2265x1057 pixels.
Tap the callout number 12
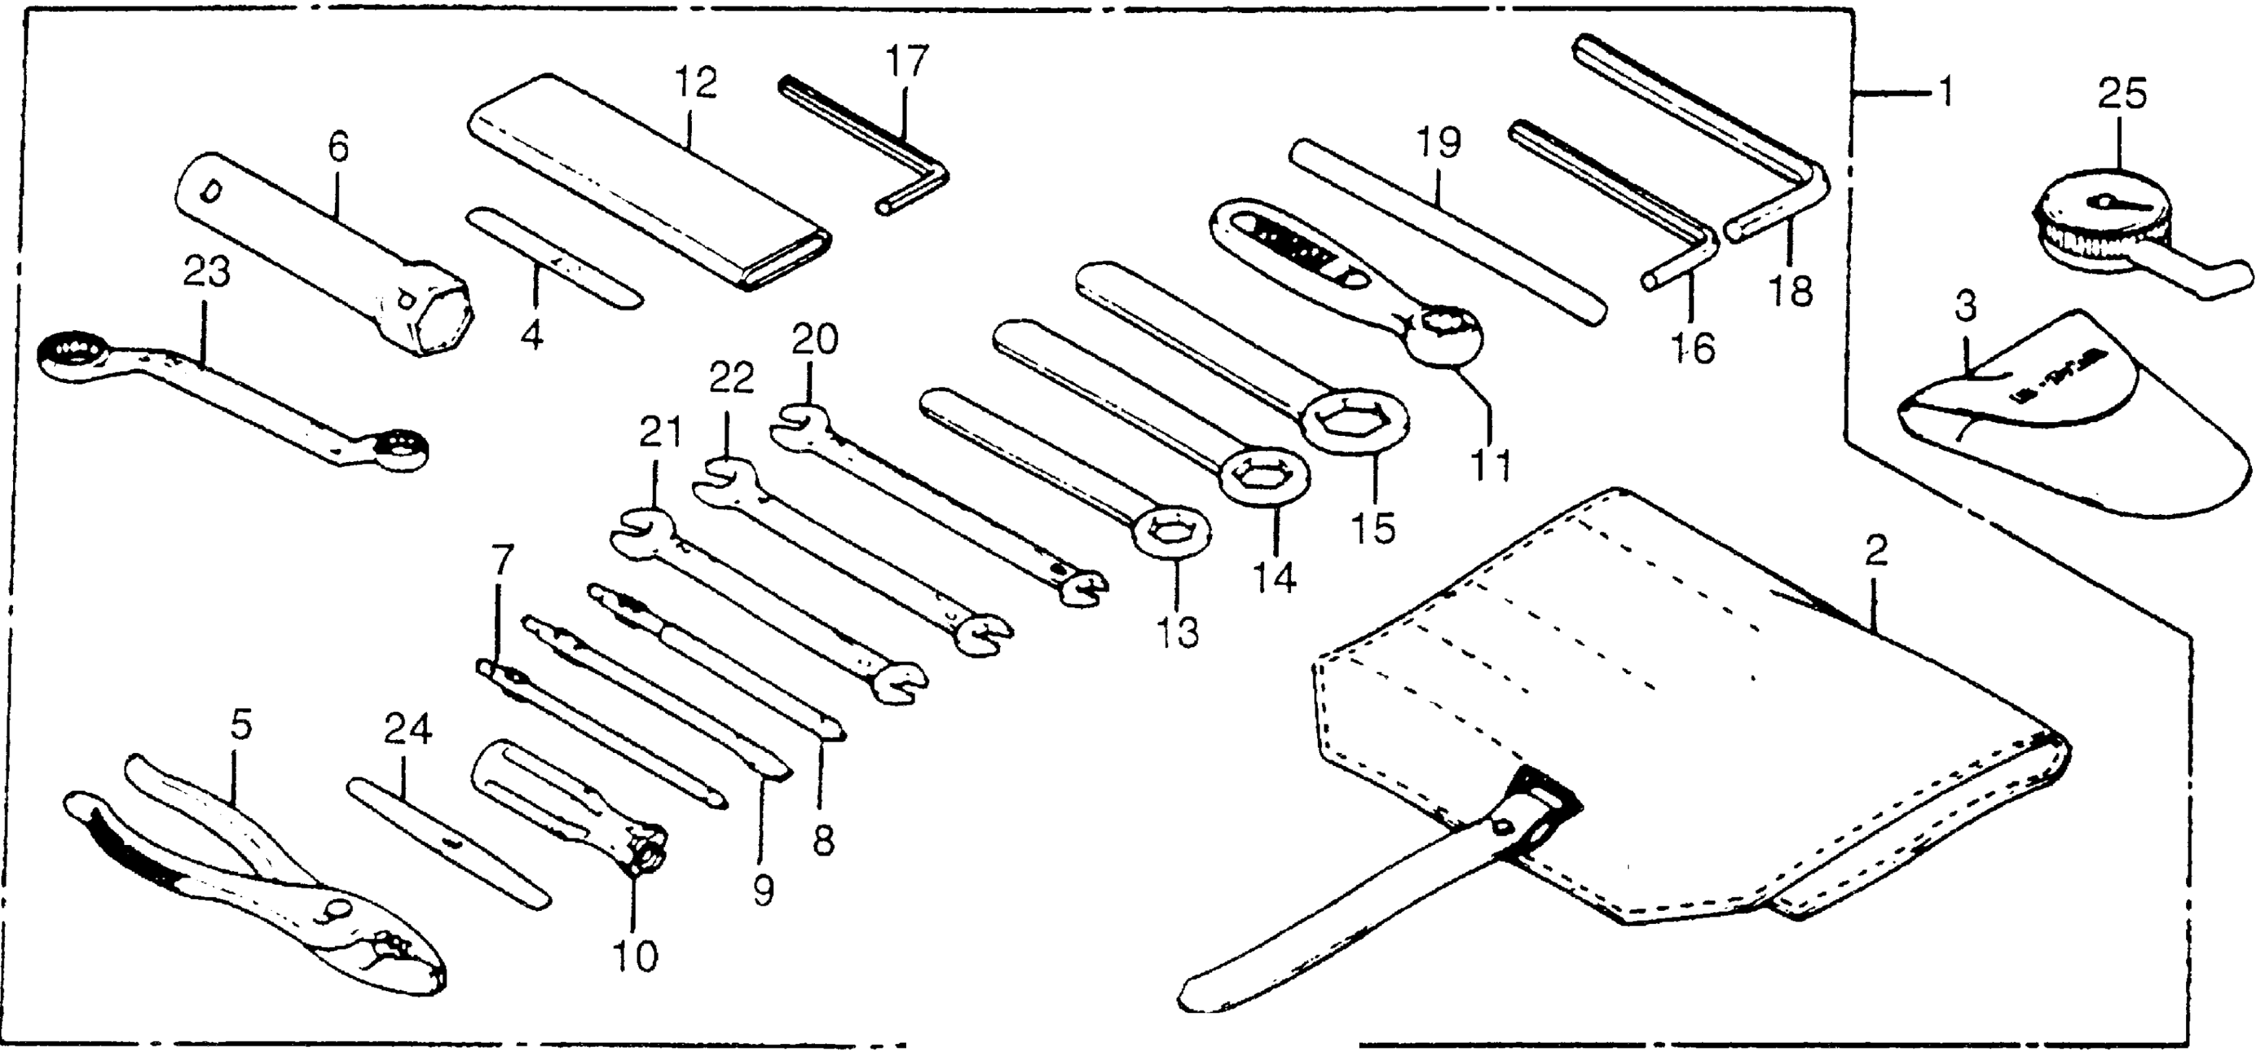click(x=696, y=85)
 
